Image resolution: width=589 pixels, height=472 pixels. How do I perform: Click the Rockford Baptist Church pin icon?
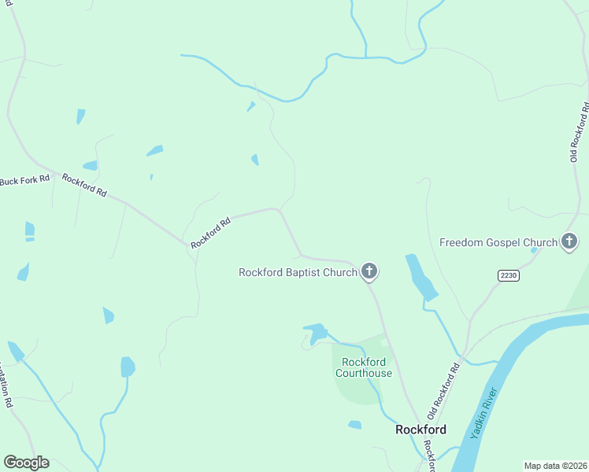tap(369, 272)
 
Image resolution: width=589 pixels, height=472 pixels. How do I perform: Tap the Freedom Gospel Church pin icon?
tap(569, 242)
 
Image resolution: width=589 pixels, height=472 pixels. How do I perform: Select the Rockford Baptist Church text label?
tap(298, 273)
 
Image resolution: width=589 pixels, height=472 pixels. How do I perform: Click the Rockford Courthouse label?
tap(363, 367)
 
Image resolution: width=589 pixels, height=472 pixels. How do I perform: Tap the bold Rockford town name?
tap(420, 430)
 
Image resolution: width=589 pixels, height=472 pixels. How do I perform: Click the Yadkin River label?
tap(484, 414)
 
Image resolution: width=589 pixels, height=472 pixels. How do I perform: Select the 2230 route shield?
tap(508, 275)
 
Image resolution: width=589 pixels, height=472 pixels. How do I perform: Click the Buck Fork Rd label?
tap(24, 180)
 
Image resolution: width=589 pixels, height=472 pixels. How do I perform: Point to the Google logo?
tap(26, 463)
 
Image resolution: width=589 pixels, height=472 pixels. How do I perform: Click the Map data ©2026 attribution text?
tap(554, 466)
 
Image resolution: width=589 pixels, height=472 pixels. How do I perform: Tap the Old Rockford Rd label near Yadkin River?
tap(443, 390)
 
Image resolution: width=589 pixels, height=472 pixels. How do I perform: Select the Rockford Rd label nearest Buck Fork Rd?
tap(84, 185)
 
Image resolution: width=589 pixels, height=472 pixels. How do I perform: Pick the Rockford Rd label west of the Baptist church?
tap(210, 234)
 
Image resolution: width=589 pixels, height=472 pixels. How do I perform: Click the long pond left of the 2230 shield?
tap(420, 277)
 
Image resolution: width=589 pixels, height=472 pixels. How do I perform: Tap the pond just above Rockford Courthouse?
tap(317, 333)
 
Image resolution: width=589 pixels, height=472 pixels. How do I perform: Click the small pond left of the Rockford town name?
tap(354, 425)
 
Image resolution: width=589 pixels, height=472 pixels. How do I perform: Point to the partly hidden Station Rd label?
tap(6, 386)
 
